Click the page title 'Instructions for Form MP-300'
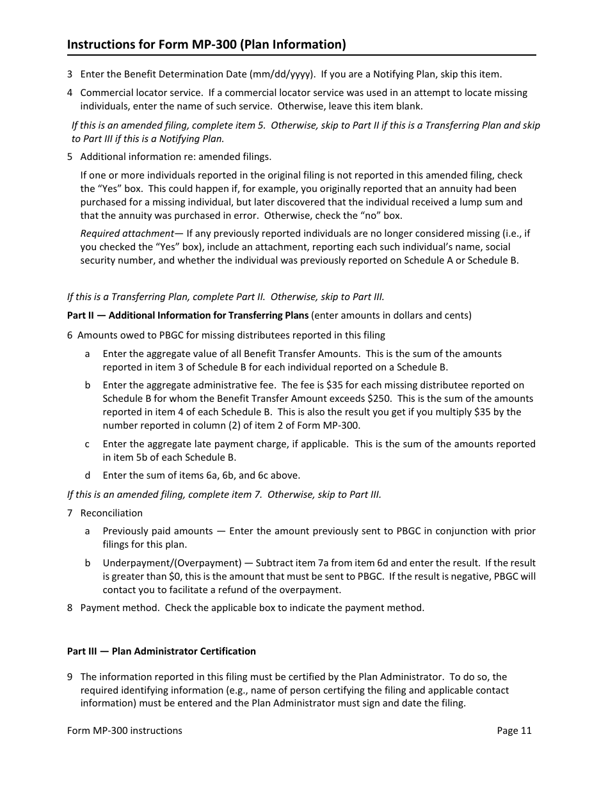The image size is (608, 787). point(206,44)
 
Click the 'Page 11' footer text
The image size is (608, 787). point(514,730)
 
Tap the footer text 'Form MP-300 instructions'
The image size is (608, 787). point(124,730)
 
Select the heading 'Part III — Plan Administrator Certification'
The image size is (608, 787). point(161,651)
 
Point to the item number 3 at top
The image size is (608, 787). point(70,74)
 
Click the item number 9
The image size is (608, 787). point(70,676)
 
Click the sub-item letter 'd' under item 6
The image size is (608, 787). point(88,475)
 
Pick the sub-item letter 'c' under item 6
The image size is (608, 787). point(87,443)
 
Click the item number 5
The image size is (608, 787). point(70,156)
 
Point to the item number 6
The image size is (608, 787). point(70,335)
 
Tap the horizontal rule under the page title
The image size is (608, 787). point(301,55)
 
